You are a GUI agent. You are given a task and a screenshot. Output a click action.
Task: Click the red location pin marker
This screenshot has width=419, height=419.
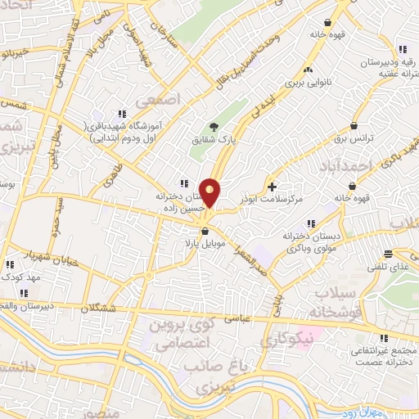[x=210, y=191]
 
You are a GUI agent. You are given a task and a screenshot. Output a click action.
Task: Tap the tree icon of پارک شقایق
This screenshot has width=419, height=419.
[x=214, y=127]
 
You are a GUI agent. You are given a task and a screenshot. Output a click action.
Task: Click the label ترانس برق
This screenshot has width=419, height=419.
[x=354, y=139]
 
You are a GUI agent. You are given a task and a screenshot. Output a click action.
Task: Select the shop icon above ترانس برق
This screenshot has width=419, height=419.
[x=354, y=126]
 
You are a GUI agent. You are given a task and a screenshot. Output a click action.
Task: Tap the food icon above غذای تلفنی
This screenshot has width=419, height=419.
[x=387, y=253]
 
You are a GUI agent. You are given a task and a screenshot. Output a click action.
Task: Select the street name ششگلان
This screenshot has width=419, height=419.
[x=106, y=307]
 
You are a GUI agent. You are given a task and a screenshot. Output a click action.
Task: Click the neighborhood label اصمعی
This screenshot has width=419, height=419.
[x=156, y=101]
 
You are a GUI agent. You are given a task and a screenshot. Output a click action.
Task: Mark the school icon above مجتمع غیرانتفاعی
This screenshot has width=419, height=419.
[x=381, y=337]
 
